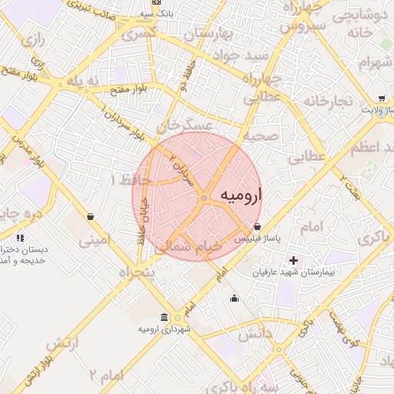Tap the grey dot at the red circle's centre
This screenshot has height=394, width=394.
tap(203, 199)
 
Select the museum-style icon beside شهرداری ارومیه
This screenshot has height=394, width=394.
tap(164, 318)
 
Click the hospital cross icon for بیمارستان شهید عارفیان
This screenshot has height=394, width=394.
tap(292, 260)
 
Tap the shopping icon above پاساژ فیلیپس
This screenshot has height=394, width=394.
tap(257, 227)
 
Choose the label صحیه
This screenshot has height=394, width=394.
tap(261, 135)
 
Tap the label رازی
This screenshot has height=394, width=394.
tap(33, 37)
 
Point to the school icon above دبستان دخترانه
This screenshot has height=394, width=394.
tap(19, 239)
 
